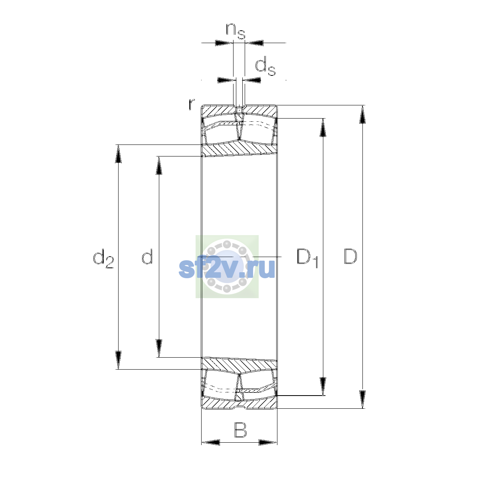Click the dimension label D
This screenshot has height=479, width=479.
350,256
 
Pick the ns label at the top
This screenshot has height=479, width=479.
236,31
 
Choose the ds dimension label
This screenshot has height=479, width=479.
265,66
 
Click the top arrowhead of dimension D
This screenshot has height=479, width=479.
362,114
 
